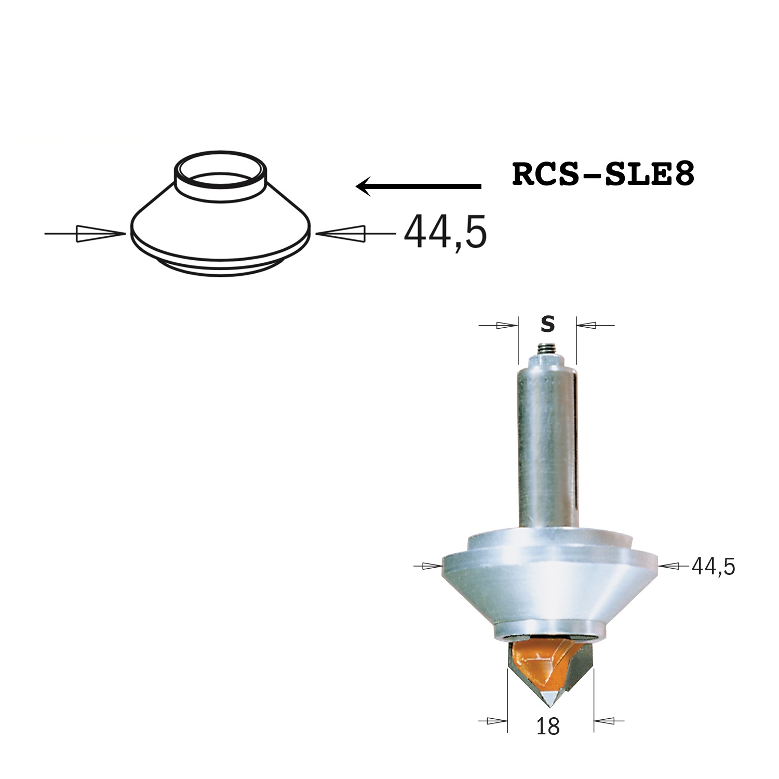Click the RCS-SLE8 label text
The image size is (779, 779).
click(x=603, y=174)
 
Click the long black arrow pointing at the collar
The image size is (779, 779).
click(x=419, y=185)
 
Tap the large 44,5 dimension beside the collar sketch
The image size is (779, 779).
click(x=446, y=232)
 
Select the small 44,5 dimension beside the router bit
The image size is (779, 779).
click(x=714, y=567)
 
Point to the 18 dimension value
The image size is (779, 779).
click(x=548, y=727)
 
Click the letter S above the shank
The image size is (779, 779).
click(x=547, y=325)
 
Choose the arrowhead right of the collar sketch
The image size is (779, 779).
click(x=341, y=234)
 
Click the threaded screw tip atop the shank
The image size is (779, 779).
click(x=547, y=350)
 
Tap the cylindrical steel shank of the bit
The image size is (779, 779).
click(x=548, y=447)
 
